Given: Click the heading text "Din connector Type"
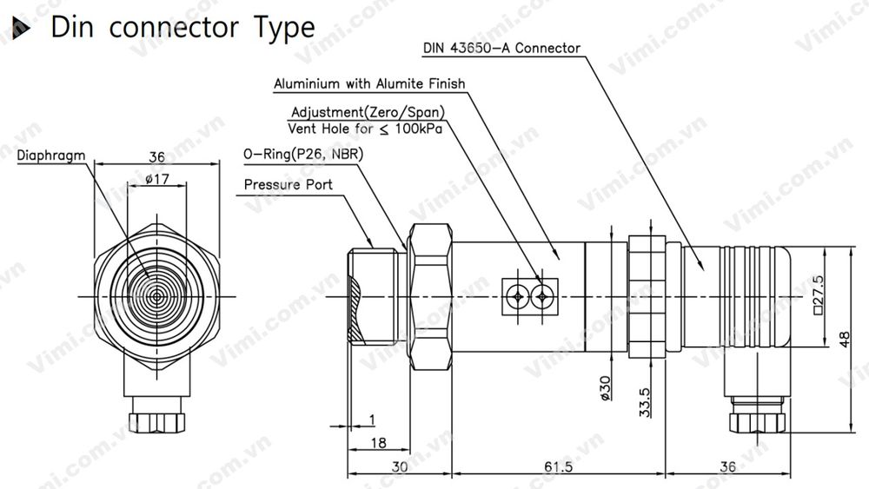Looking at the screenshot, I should (x=182, y=27).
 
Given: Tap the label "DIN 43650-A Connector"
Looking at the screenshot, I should (x=501, y=48).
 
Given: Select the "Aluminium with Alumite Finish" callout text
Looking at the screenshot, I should (x=369, y=84).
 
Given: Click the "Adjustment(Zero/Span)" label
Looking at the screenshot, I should (x=368, y=113).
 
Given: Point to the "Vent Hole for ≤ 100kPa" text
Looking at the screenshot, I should (x=366, y=129).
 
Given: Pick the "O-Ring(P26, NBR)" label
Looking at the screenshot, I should (x=303, y=155).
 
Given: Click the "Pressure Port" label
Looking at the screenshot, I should (x=288, y=185).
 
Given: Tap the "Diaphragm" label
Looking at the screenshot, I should (x=51, y=155).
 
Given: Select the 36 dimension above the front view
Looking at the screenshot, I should (x=156, y=157).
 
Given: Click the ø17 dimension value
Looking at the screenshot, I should (x=156, y=180).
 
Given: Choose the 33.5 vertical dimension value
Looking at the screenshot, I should (x=644, y=401).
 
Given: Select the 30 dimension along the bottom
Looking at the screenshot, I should (x=399, y=466).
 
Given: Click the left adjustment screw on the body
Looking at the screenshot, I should (x=517, y=297).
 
